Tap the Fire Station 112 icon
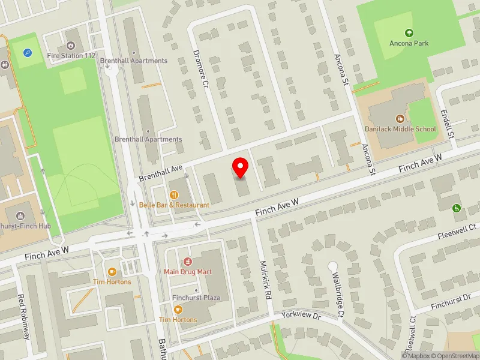(71, 45)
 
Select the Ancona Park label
(409, 43)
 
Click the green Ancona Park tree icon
(409, 32)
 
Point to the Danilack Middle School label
(400, 129)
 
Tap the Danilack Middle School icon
(400, 119)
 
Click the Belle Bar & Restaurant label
(174, 205)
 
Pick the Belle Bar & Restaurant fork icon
(174, 194)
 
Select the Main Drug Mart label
(188, 272)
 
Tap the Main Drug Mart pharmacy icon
(188, 262)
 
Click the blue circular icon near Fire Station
(28, 53)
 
